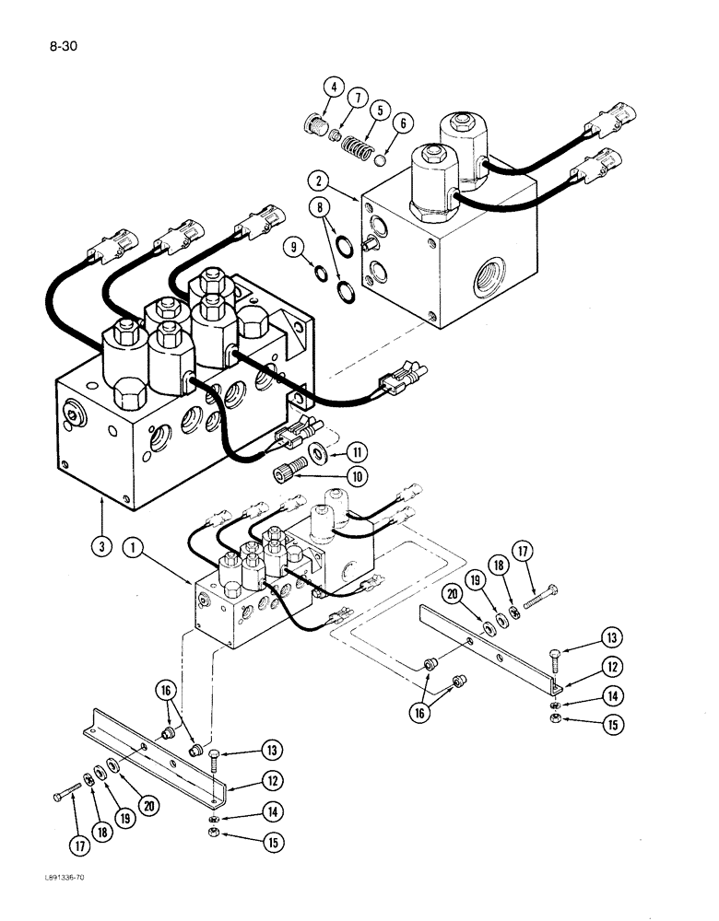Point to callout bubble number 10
click(331, 476)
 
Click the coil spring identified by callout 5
click(354, 145)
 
